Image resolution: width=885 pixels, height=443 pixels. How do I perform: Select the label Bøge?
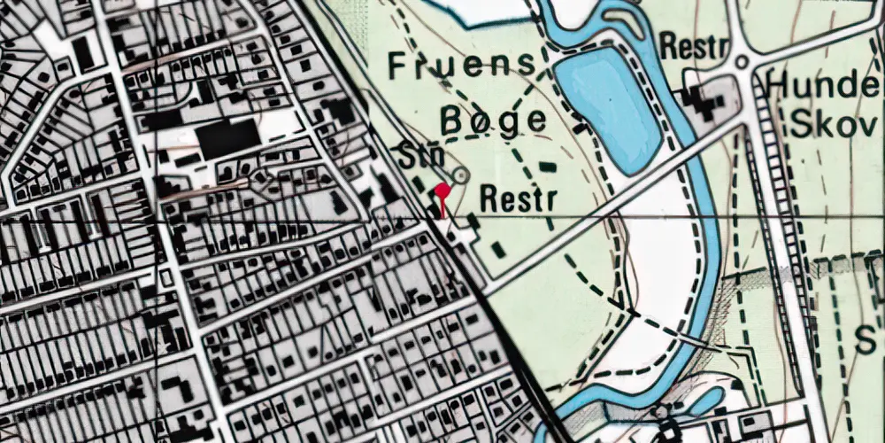[x=492, y=120]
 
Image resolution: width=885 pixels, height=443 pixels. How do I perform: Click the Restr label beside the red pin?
[x=518, y=198]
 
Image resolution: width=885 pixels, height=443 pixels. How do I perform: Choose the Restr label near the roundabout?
[x=692, y=48]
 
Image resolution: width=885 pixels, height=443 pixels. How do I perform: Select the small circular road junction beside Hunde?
[x=742, y=62]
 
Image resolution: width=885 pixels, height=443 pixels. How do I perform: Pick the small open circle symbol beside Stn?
[x=459, y=175]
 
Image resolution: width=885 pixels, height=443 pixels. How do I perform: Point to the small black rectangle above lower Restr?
[x=548, y=167]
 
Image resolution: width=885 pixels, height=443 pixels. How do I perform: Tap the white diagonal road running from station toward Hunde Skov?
[x=611, y=204]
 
